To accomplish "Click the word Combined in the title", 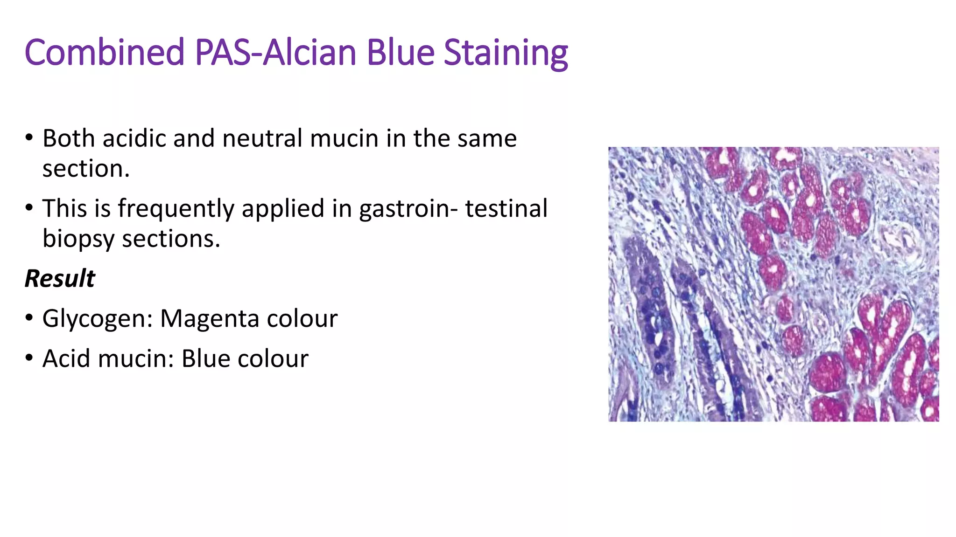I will coord(105,52).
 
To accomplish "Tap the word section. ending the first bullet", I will coord(86,169).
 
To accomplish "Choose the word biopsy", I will coord(78,240).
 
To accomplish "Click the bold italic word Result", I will coord(60,279).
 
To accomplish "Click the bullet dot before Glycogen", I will coord(29,318).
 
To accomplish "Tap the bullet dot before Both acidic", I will coord(29,138).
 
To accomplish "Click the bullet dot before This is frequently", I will coord(29,208).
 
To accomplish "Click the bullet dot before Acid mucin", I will coord(29,358).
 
